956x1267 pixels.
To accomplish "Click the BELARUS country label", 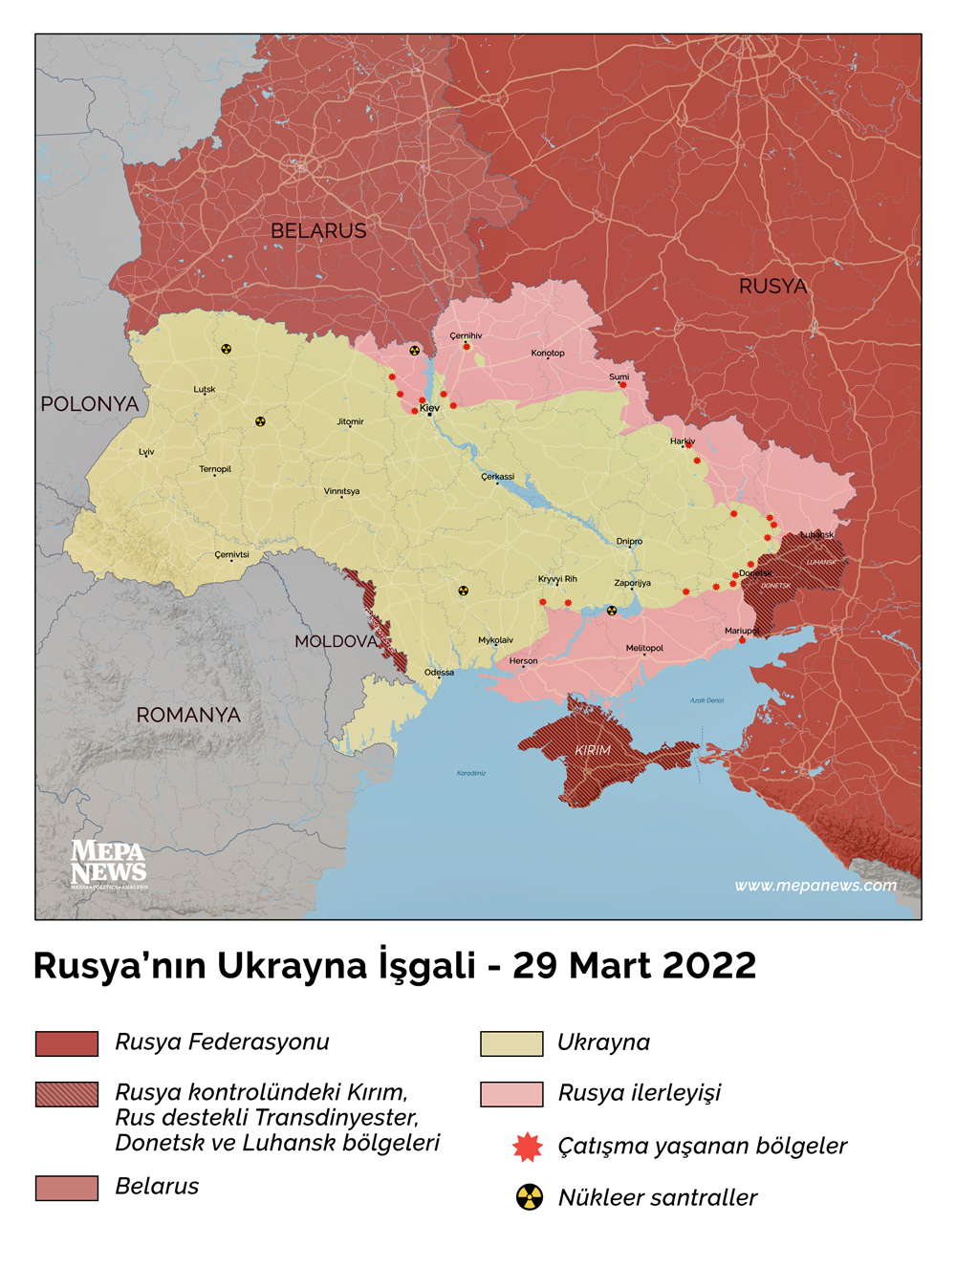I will (x=318, y=231).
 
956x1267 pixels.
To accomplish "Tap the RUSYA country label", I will (x=772, y=287).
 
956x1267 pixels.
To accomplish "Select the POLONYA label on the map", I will (x=89, y=404).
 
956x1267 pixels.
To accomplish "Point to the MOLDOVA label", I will (x=336, y=641).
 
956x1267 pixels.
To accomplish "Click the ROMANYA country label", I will (x=188, y=715).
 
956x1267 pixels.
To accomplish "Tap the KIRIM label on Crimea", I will (x=593, y=750).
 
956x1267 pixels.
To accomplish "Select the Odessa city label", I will (x=439, y=673).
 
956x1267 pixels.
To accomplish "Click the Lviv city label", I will (x=146, y=452).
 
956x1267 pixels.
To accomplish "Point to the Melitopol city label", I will (x=644, y=648).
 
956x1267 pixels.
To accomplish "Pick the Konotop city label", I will (x=548, y=354).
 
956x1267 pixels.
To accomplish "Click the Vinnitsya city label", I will (x=341, y=491).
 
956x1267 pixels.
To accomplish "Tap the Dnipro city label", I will (x=629, y=542).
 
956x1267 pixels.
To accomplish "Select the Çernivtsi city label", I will (x=231, y=554).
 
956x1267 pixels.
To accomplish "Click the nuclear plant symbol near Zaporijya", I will (x=612, y=611).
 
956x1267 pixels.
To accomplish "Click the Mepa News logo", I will (x=108, y=863).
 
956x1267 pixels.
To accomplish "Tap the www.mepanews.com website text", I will (x=815, y=886).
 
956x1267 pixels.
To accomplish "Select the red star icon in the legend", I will (x=528, y=1147).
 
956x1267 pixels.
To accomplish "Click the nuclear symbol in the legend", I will (x=530, y=1197).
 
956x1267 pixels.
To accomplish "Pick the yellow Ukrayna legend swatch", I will (x=511, y=1043).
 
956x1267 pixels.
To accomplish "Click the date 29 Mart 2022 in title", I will (x=634, y=966).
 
